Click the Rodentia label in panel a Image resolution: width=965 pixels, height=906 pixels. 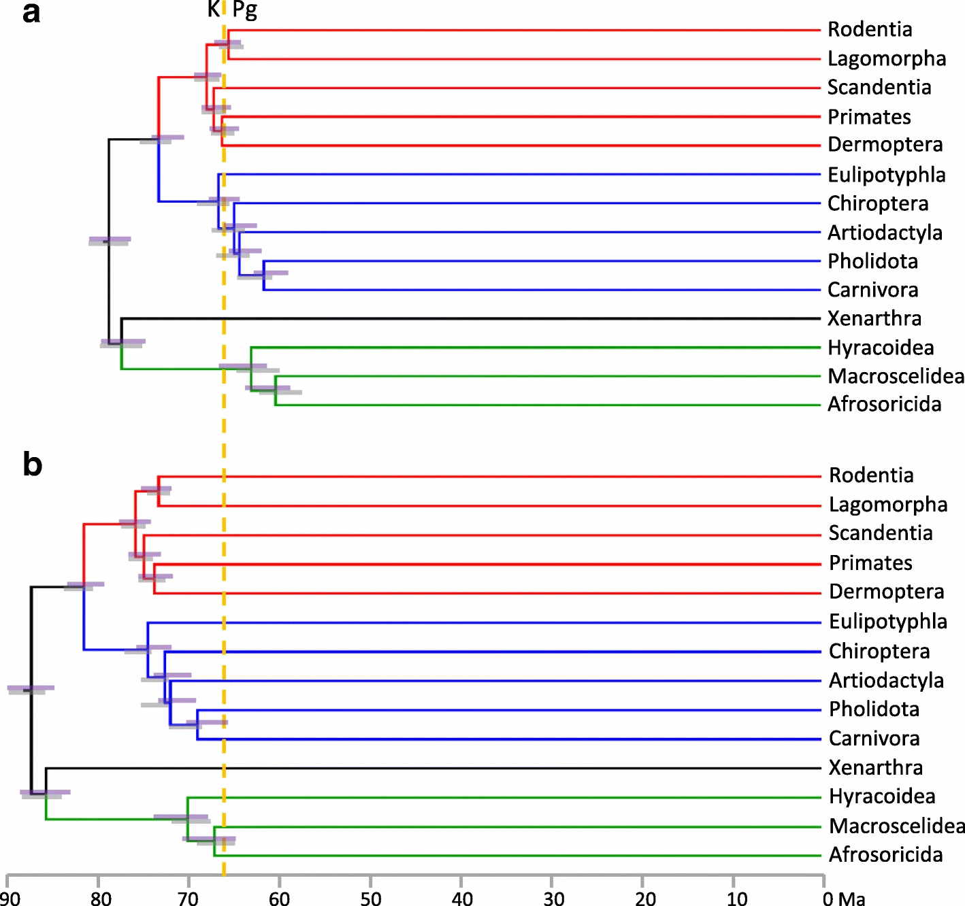(x=870, y=30)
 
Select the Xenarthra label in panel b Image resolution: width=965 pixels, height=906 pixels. (x=876, y=767)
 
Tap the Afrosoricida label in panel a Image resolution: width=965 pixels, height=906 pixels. (x=884, y=404)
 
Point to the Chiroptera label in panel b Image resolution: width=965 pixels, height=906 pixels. (x=879, y=652)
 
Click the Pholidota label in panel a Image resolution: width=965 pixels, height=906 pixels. (x=872, y=261)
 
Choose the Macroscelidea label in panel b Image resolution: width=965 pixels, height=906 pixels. (x=897, y=826)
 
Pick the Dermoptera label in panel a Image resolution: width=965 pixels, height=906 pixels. (x=885, y=145)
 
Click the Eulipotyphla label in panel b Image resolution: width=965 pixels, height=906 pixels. (x=887, y=622)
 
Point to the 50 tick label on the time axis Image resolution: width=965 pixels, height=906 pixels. (x=371, y=899)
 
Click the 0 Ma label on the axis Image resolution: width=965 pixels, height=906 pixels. (x=844, y=899)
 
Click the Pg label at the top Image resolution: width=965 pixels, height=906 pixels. (x=244, y=10)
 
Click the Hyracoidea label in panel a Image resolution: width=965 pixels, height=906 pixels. (x=881, y=348)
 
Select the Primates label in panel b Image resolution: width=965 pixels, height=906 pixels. (x=870, y=563)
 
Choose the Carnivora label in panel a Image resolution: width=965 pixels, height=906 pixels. (x=872, y=290)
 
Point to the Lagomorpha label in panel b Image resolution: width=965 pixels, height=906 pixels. (x=887, y=505)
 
